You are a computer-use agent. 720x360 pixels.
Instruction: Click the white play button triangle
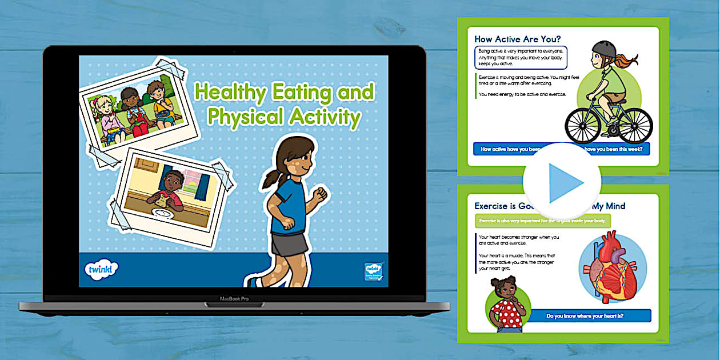pyautogui.click(x=562, y=182)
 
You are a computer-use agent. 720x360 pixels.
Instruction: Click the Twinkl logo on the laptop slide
pyautogui.click(x=101, y=268)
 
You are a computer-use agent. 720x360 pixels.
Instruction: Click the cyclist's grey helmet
pyautogui.click(x=605, y=50)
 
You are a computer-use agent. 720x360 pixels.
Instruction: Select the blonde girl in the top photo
pyautogui.click(x=107, y=117)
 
